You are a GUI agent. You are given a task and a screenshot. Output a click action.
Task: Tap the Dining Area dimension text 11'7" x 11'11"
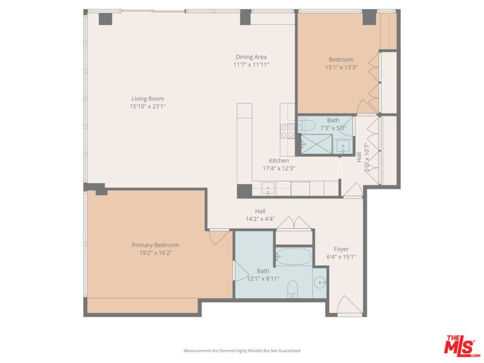(x=251, y=64)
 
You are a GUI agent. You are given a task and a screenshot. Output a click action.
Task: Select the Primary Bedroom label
(x=155, y=245)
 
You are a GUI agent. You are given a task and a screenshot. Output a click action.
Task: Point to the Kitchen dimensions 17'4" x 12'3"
(x=279, y=168)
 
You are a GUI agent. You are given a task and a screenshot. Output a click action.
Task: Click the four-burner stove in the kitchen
(x=287, y=131)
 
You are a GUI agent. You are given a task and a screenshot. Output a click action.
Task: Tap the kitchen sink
(x=268, y=187)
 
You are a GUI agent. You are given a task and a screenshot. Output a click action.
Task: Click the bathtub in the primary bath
(x=294, y=256)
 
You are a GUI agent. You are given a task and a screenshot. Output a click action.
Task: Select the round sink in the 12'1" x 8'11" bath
(x=320, y=283)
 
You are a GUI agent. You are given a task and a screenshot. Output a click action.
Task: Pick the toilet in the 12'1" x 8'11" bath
(x=293, y=289)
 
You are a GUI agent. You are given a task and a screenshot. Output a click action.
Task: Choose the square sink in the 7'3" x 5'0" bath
(x=343, y=145)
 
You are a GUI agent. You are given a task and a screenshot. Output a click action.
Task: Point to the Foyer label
(x=341, y=249)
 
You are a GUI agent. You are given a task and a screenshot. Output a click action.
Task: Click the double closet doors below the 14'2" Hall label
(x=293, y=223)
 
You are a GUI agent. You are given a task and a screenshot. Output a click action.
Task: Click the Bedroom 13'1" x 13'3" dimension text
(x=341, y=68)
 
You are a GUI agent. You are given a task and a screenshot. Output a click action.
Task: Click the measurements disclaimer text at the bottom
(x=242, y=350)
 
